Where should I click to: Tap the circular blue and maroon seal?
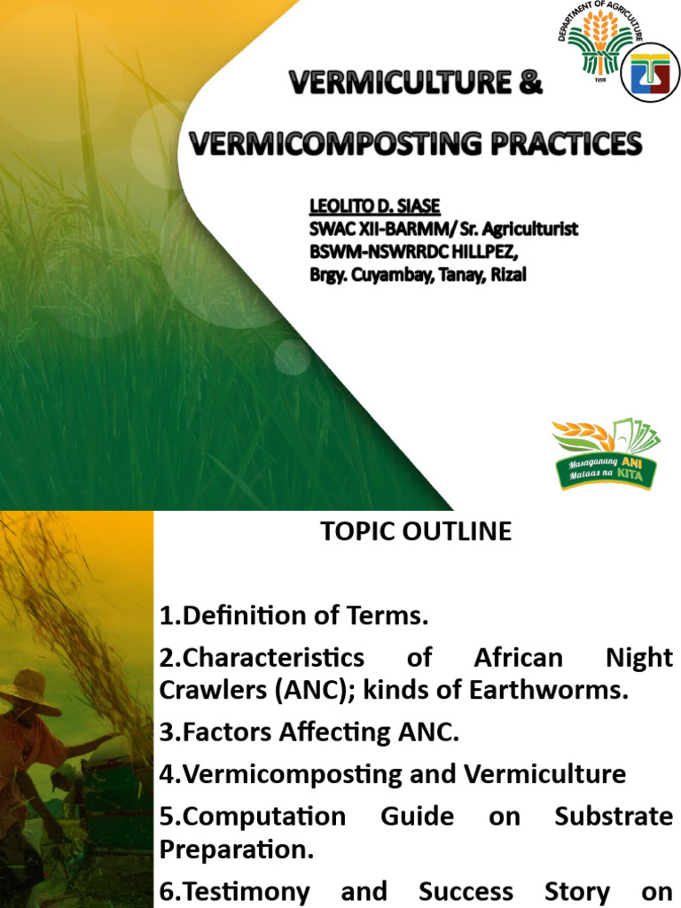[650, 73]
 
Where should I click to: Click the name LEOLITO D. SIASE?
[374, 207]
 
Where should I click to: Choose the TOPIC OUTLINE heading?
[416, 531]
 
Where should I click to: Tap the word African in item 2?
[519, 658]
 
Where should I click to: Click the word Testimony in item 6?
[235, 891]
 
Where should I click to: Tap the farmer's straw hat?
[30, 690]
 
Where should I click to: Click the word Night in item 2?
[640, 658]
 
